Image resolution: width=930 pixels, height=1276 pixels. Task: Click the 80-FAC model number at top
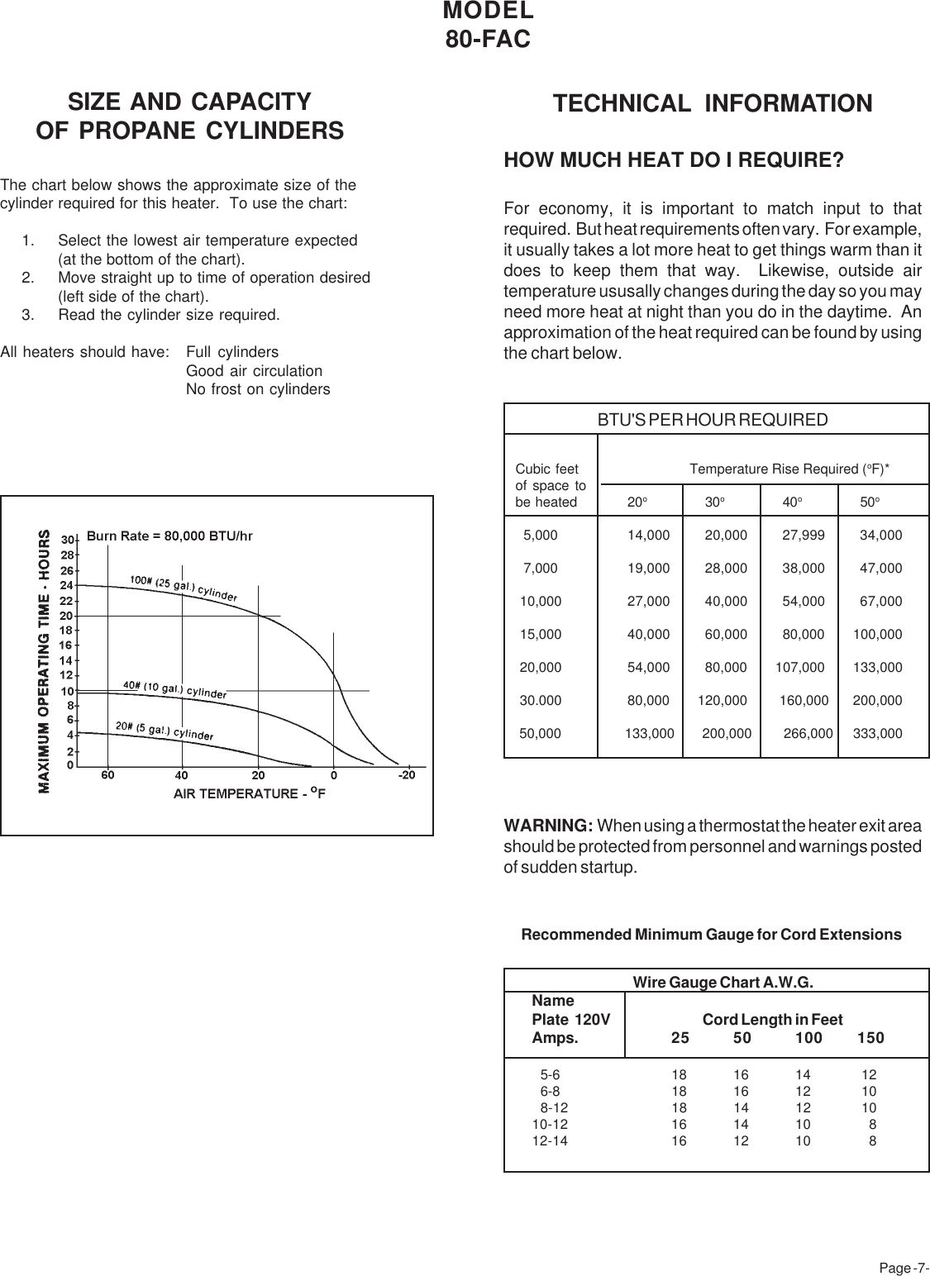tap(488, 39)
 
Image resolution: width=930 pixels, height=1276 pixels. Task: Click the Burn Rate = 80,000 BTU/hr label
tap(169, 536)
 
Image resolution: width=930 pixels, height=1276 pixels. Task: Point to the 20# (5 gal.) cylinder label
tap(164, 731)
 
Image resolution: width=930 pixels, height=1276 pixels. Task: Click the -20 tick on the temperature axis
tap(406, 775)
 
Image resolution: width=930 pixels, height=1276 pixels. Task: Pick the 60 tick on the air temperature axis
tap(107, 775)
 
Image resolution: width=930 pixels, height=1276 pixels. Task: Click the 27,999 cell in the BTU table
tap(803, 536)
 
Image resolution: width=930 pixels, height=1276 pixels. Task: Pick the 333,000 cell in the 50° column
tap(877, 733)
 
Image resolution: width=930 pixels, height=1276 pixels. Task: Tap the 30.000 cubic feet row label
tap(540, 700)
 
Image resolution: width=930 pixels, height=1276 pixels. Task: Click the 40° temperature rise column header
tap(792, 502)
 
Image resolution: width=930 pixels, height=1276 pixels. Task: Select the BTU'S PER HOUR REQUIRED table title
tap(712, 420)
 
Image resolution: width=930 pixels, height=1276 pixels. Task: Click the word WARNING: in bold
tap(548, 826)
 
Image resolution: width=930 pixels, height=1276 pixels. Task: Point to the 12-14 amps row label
tap(550, 1140)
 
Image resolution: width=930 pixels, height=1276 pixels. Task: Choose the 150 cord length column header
tap(870, 1037)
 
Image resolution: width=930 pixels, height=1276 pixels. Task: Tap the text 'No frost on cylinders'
tap(258, 389)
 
